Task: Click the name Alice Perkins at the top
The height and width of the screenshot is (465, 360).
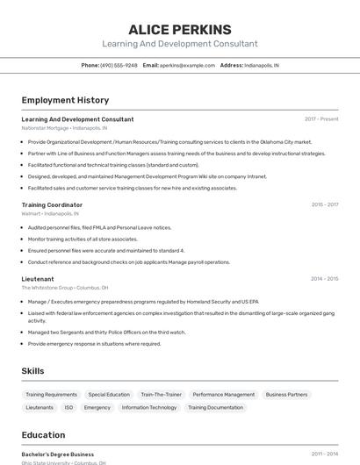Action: pos(180,29)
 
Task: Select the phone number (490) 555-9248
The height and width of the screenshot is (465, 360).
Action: pos(119,65)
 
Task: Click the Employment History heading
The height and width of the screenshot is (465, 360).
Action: pos(65,101)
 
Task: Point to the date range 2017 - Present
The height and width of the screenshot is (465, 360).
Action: pos(321,119)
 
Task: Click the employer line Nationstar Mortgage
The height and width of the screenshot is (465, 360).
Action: pos(64,127)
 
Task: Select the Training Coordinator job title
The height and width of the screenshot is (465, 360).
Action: pos(52,204)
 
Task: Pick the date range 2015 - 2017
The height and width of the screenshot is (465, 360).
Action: pos(324,204)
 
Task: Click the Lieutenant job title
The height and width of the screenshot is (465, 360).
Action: pos(38,279)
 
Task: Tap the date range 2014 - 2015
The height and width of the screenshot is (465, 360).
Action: pos(324,279)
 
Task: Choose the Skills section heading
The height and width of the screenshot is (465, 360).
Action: pos(33,371)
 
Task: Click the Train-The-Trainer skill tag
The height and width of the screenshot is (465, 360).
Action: pos(162,395)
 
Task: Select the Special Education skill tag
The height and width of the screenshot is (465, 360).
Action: pos(109,395)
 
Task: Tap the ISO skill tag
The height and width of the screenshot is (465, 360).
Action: pos(68,408)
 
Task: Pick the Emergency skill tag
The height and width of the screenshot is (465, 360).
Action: pos(97,408)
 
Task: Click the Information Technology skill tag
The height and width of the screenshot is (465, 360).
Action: pos(149,408)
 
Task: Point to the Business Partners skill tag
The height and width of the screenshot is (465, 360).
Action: pos(286,395)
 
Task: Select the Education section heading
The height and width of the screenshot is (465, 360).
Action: pos(43,435)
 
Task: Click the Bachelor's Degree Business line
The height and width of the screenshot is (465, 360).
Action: pos(58,454)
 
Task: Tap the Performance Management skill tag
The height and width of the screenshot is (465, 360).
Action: pos(223,395)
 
